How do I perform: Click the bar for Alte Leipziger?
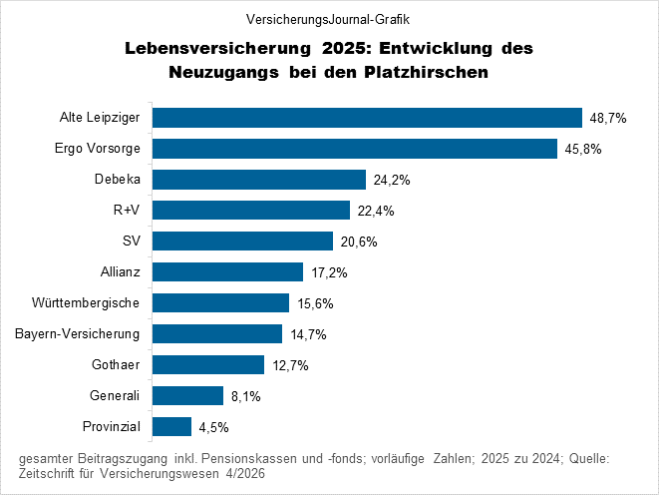[x=367, y=118]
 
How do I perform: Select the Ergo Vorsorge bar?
[x=354, y=149]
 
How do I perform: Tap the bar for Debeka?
[x=258, y=180]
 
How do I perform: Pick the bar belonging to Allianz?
[x=227, y=271]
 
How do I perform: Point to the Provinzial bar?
[x=171, y=426]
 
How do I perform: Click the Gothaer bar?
[x=207, y=364]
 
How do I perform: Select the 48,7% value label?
[x=607, y=118]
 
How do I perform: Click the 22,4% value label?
[x=376, y=211]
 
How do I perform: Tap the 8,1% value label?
[x=245, y=396]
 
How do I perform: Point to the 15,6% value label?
[x=315, y=303]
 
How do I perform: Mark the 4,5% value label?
[x=214, y=427]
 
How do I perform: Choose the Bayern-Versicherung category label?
[x=78, y=333]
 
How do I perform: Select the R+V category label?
[x=127, y=210]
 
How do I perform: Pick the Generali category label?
[x=113, y=395]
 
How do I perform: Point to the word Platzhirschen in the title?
[x=437, y=73]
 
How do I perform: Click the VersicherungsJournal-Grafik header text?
[x=328, y=19]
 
